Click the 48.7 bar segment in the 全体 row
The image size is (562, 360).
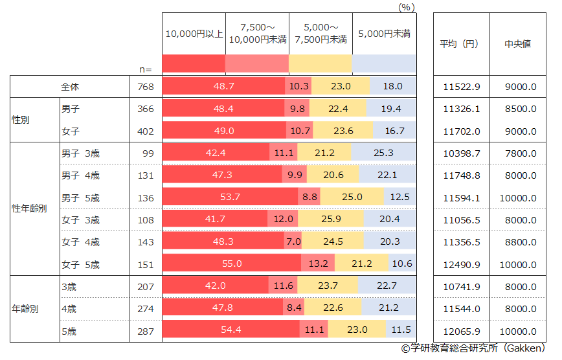click(x=223, y=86)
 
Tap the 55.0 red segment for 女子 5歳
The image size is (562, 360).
click(x=231, y=264)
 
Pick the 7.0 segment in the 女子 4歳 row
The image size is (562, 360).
click(x=293, y=242)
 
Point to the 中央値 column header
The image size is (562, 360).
click(x=517, y=44)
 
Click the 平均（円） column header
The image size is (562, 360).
click(x=459, y=44)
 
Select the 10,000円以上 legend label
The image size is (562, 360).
click(x=194, y=33)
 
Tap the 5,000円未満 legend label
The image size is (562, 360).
click(x=384, y=33)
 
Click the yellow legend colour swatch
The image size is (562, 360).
click(x=320, y=63)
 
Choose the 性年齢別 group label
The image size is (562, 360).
click(x=29, y=208)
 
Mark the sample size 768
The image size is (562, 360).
click(x=146, y=86)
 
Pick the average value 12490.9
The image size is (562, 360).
click(x=461, y=264)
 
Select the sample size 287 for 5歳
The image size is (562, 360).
click(x=146, y=331)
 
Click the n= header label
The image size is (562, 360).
click(x=146, y=69)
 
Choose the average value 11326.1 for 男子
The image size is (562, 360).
click(x=461, y=109)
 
